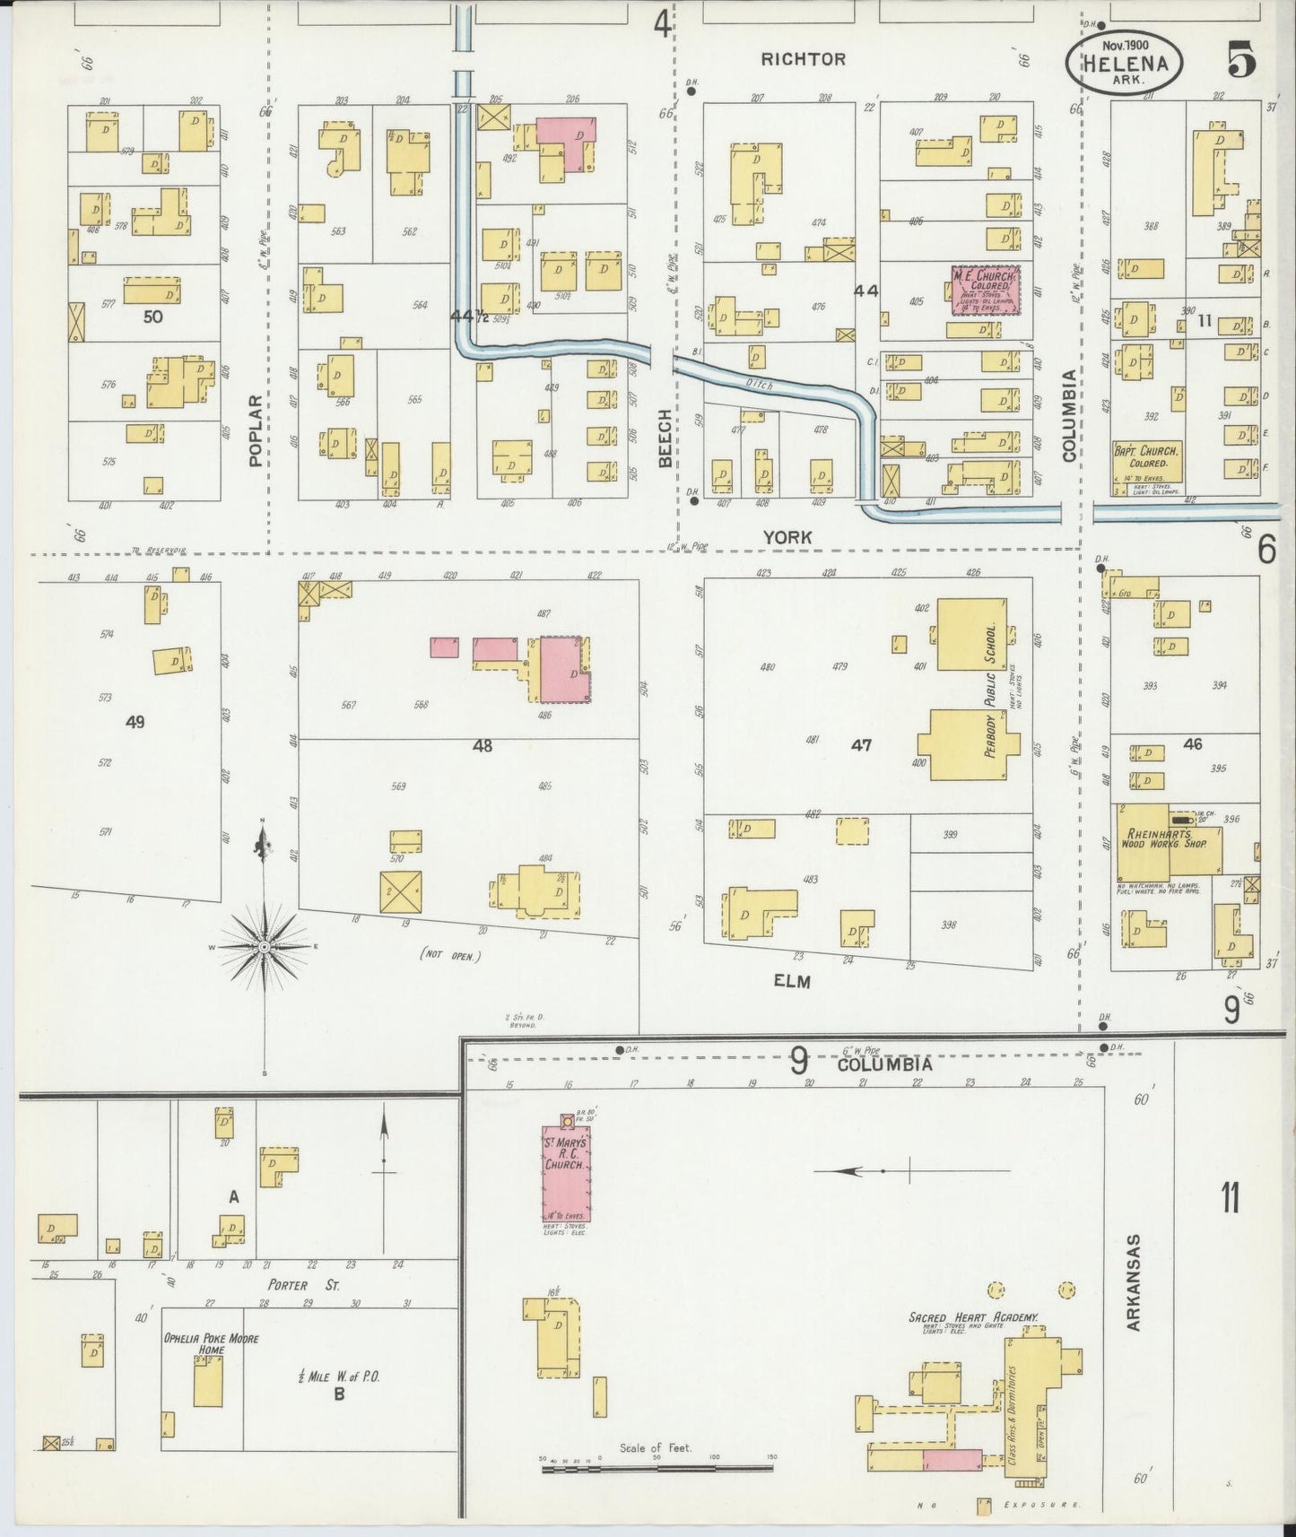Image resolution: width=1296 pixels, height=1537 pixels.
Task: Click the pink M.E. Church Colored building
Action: [x=986, y=290]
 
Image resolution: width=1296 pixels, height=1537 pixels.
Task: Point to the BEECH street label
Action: [x=665, y=439]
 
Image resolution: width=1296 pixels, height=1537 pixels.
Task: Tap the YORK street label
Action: [x=787, y=537]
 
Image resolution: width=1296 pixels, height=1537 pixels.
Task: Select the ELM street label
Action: [x=792, y=981]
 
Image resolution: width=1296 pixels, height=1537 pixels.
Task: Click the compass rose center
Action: [x=265, y=947]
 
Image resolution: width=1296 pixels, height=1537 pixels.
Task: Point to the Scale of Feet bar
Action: [x=657, y=1468]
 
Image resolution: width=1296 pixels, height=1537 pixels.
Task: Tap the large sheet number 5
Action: [x=1241, y=60]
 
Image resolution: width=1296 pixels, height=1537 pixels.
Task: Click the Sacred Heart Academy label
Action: [x=973, y=1317]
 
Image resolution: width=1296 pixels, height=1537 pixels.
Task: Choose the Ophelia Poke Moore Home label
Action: [x=211, y=1343]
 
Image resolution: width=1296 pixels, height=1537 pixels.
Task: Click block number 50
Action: [x=153, y=317]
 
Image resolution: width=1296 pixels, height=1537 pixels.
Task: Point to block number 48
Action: [x=483, y=745]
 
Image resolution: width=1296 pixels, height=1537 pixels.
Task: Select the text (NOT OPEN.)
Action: [x=450, y=956]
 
